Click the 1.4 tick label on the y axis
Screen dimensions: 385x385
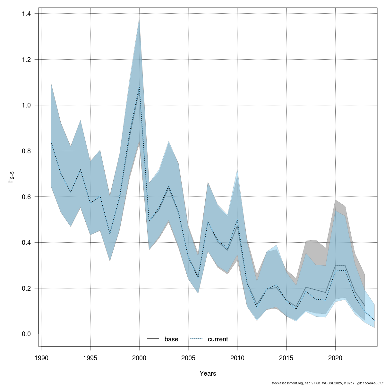[x=27, y=14]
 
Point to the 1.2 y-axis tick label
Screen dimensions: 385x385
[x=27, y=60]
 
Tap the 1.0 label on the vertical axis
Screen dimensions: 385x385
[x=27, y=105]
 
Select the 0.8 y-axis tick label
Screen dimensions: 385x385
[x=27, y=151]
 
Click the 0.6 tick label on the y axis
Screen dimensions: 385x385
[x=27, y=197]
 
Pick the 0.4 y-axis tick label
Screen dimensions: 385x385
[x=27, y=243]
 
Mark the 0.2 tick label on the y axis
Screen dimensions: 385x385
[x=27, y=288]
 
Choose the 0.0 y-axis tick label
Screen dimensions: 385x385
[x=27, y=334]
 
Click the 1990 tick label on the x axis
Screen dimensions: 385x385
[x=41, y=357]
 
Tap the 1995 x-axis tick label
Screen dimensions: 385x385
[x=90, y=357]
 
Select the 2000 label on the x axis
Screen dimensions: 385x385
[x=139, y=357]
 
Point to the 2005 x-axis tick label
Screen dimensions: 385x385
[x=188, y=357]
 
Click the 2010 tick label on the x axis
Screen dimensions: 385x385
[x=237, y=357]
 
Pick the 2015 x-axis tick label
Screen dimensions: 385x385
[x=286, y=357]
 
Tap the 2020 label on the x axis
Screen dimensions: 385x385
[x=335, y=357]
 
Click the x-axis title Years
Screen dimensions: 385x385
[x=208, y=373]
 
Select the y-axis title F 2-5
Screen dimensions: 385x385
[x=11, y=176]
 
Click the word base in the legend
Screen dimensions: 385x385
[x=171, y=339]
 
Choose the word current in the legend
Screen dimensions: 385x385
[x=218, y=339]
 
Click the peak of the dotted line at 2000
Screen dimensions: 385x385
[x=139, y=87]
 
